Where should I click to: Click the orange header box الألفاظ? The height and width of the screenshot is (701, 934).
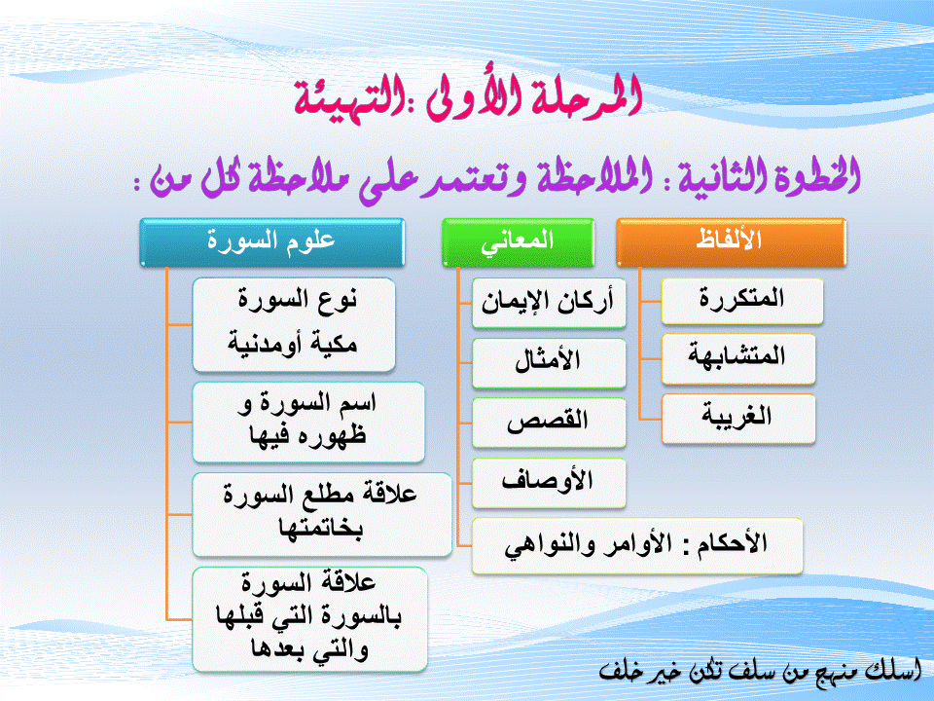pos(731,242)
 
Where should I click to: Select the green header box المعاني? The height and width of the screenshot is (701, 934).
pos(519,242)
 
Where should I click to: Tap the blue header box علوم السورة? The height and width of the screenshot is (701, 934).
pos(272,242)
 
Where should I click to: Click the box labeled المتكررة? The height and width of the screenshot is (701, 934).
pos(742,301)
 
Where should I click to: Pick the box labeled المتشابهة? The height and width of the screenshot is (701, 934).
pos(738,359)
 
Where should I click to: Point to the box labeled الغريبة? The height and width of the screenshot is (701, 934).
pos(738,419)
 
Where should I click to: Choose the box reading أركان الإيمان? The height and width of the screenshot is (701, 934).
pos(549,303)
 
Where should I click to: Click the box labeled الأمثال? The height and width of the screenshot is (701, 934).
pos(549,363)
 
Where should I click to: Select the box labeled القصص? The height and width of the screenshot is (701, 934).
pos(549,423)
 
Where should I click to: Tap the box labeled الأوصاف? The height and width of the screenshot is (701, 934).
pos(549,483)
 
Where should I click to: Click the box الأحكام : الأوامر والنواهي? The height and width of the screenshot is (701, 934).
pos(637,546)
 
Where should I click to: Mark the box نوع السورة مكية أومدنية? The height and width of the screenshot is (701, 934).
pos(294,325)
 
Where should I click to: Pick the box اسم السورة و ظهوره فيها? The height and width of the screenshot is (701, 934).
pos(308,422)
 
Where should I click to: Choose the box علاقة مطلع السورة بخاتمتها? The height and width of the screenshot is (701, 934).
pos(322,515)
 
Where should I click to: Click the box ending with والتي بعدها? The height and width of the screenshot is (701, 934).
pos(309,620)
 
